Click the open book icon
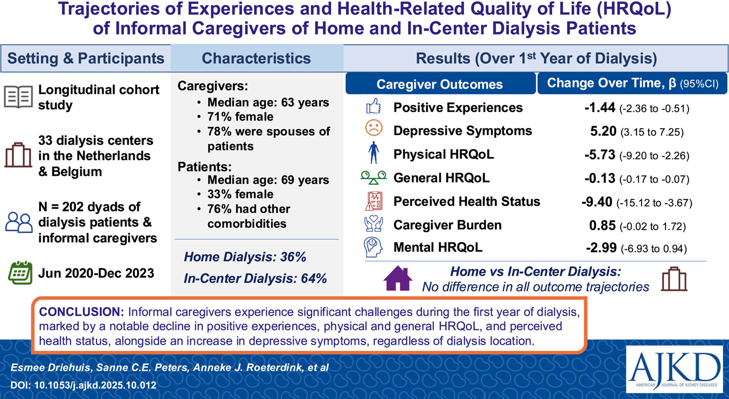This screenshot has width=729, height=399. [18, 97]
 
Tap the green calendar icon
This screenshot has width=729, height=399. [20, 272]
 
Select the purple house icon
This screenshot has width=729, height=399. [398, 278]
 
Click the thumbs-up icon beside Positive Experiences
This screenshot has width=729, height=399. [373, 106]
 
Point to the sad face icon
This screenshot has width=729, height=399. [374, 128]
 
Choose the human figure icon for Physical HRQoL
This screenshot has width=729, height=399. [374, 152]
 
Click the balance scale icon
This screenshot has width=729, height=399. [373, 177]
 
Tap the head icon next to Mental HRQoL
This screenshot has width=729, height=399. [373, 247]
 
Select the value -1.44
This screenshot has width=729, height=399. [600, 108]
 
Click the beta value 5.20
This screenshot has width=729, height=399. [603, 131]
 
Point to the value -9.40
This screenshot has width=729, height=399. [597, 202]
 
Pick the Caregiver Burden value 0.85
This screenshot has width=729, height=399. [602, 226]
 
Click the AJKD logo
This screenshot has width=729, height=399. [674, 369]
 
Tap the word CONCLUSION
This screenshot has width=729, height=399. [81, 312]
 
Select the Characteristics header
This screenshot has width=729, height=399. [256, 59]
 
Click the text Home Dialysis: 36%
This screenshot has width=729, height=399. [245, 257]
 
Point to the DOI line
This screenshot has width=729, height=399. [83, 385]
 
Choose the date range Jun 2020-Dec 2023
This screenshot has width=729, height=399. [96, 273]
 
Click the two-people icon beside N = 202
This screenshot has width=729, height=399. [19, 222]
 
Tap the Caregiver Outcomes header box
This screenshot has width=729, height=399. [440, 84]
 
